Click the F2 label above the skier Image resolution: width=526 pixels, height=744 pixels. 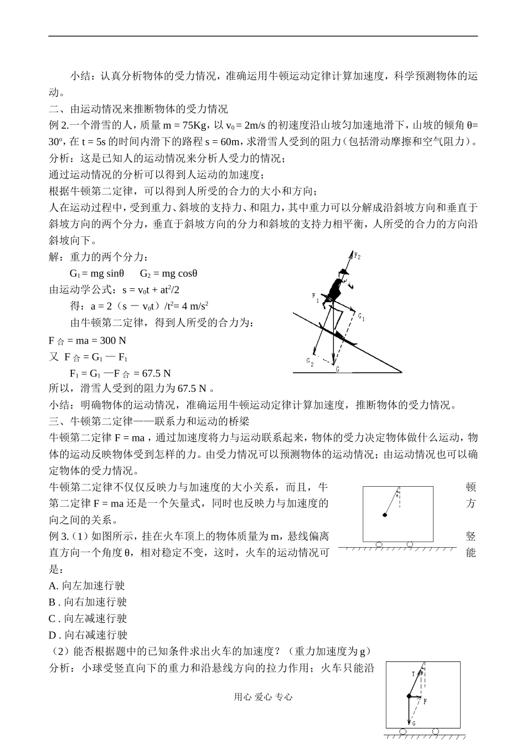[357, 257]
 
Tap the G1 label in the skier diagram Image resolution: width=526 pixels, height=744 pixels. [361, 317]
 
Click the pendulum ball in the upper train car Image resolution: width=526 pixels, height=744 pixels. [385, 516]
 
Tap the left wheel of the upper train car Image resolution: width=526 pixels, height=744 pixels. [379, 544]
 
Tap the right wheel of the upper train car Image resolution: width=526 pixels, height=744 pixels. [410, 544]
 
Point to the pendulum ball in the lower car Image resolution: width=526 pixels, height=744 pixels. [409, 696]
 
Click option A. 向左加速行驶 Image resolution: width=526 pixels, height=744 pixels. [87, 585]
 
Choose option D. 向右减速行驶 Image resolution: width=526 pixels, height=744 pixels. [88, 635]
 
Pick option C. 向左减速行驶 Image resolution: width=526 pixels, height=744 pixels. [88, 618]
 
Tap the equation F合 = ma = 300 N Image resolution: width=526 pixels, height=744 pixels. [87, 340]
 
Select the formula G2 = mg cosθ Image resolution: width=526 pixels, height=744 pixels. [169, 273]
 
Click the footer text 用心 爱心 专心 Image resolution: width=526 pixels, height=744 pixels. [263, 697]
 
